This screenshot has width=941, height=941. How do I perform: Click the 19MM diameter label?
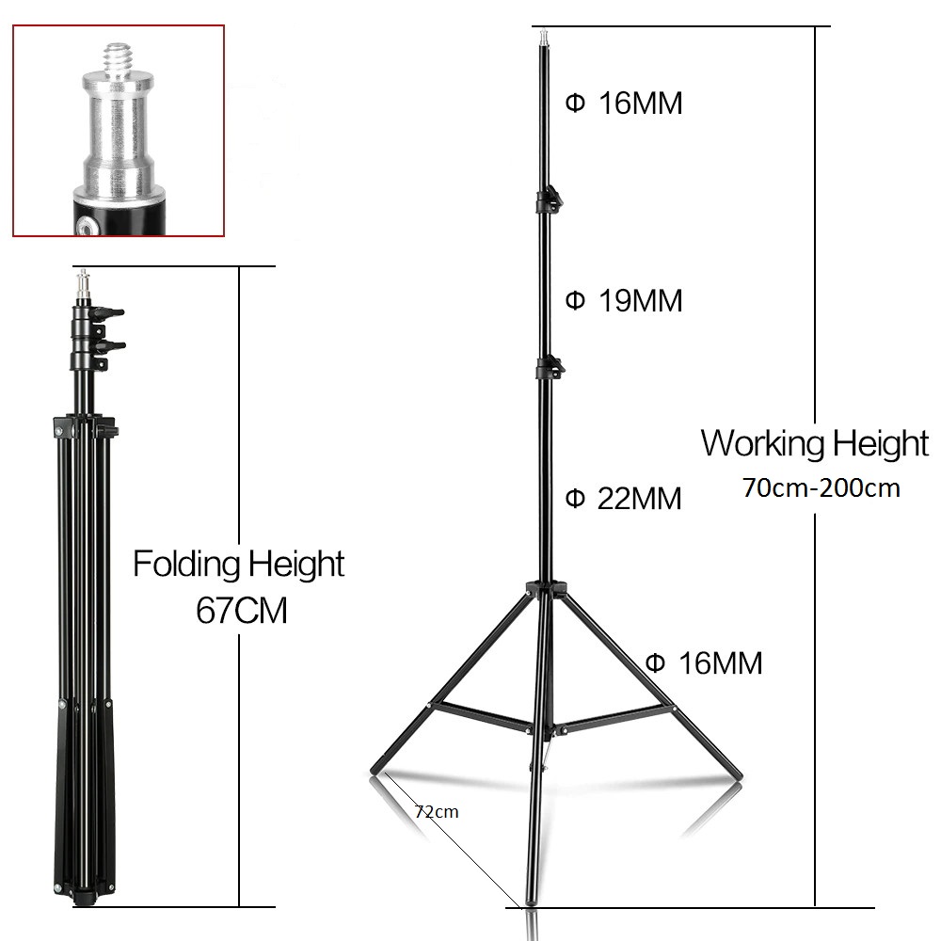click(x=624, y=301)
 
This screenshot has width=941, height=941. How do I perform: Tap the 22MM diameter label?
click(x=624, y=499)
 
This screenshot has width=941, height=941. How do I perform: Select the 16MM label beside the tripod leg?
click(x=704, y=663)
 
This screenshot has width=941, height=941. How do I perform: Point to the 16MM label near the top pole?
click(x=624, y=104)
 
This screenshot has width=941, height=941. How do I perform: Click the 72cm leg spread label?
click(x=437, y=812)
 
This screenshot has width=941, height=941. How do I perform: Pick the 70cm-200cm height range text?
click(x=821, y=487)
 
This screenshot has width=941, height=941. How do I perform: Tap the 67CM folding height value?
click(x=241, y=611)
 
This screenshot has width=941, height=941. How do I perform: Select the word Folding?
click(x=186, y=564)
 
